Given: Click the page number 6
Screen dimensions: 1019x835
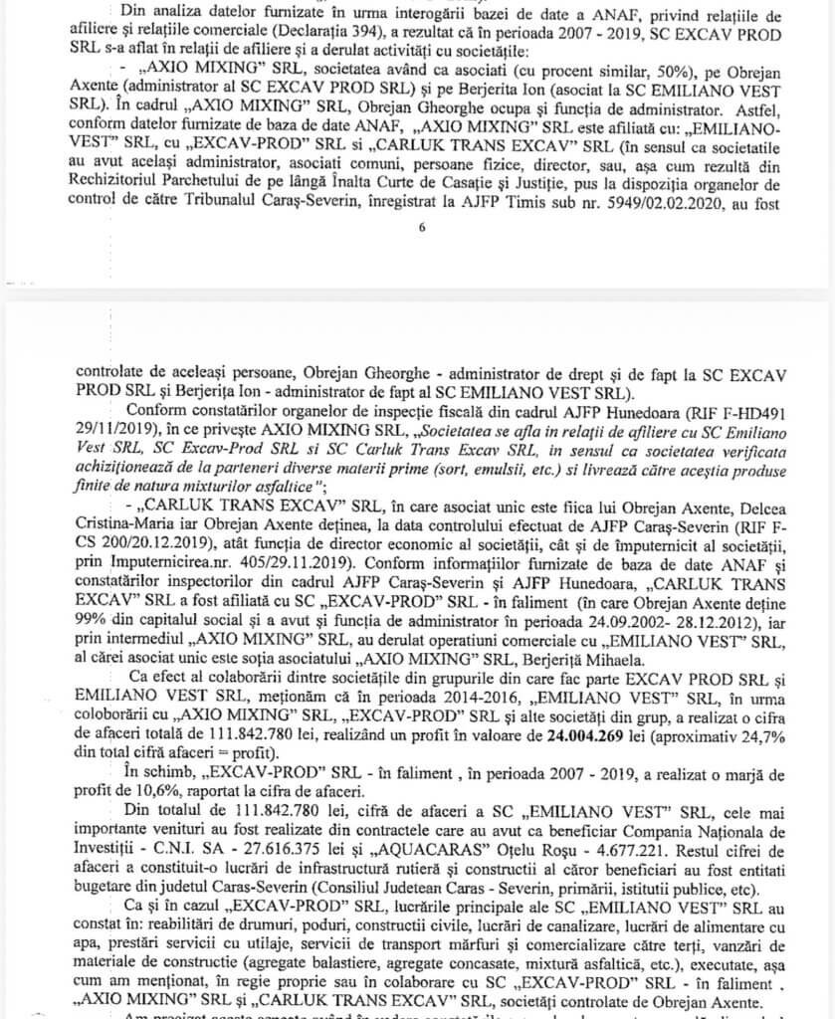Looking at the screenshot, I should pyautogui.click(x=422, y=228).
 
